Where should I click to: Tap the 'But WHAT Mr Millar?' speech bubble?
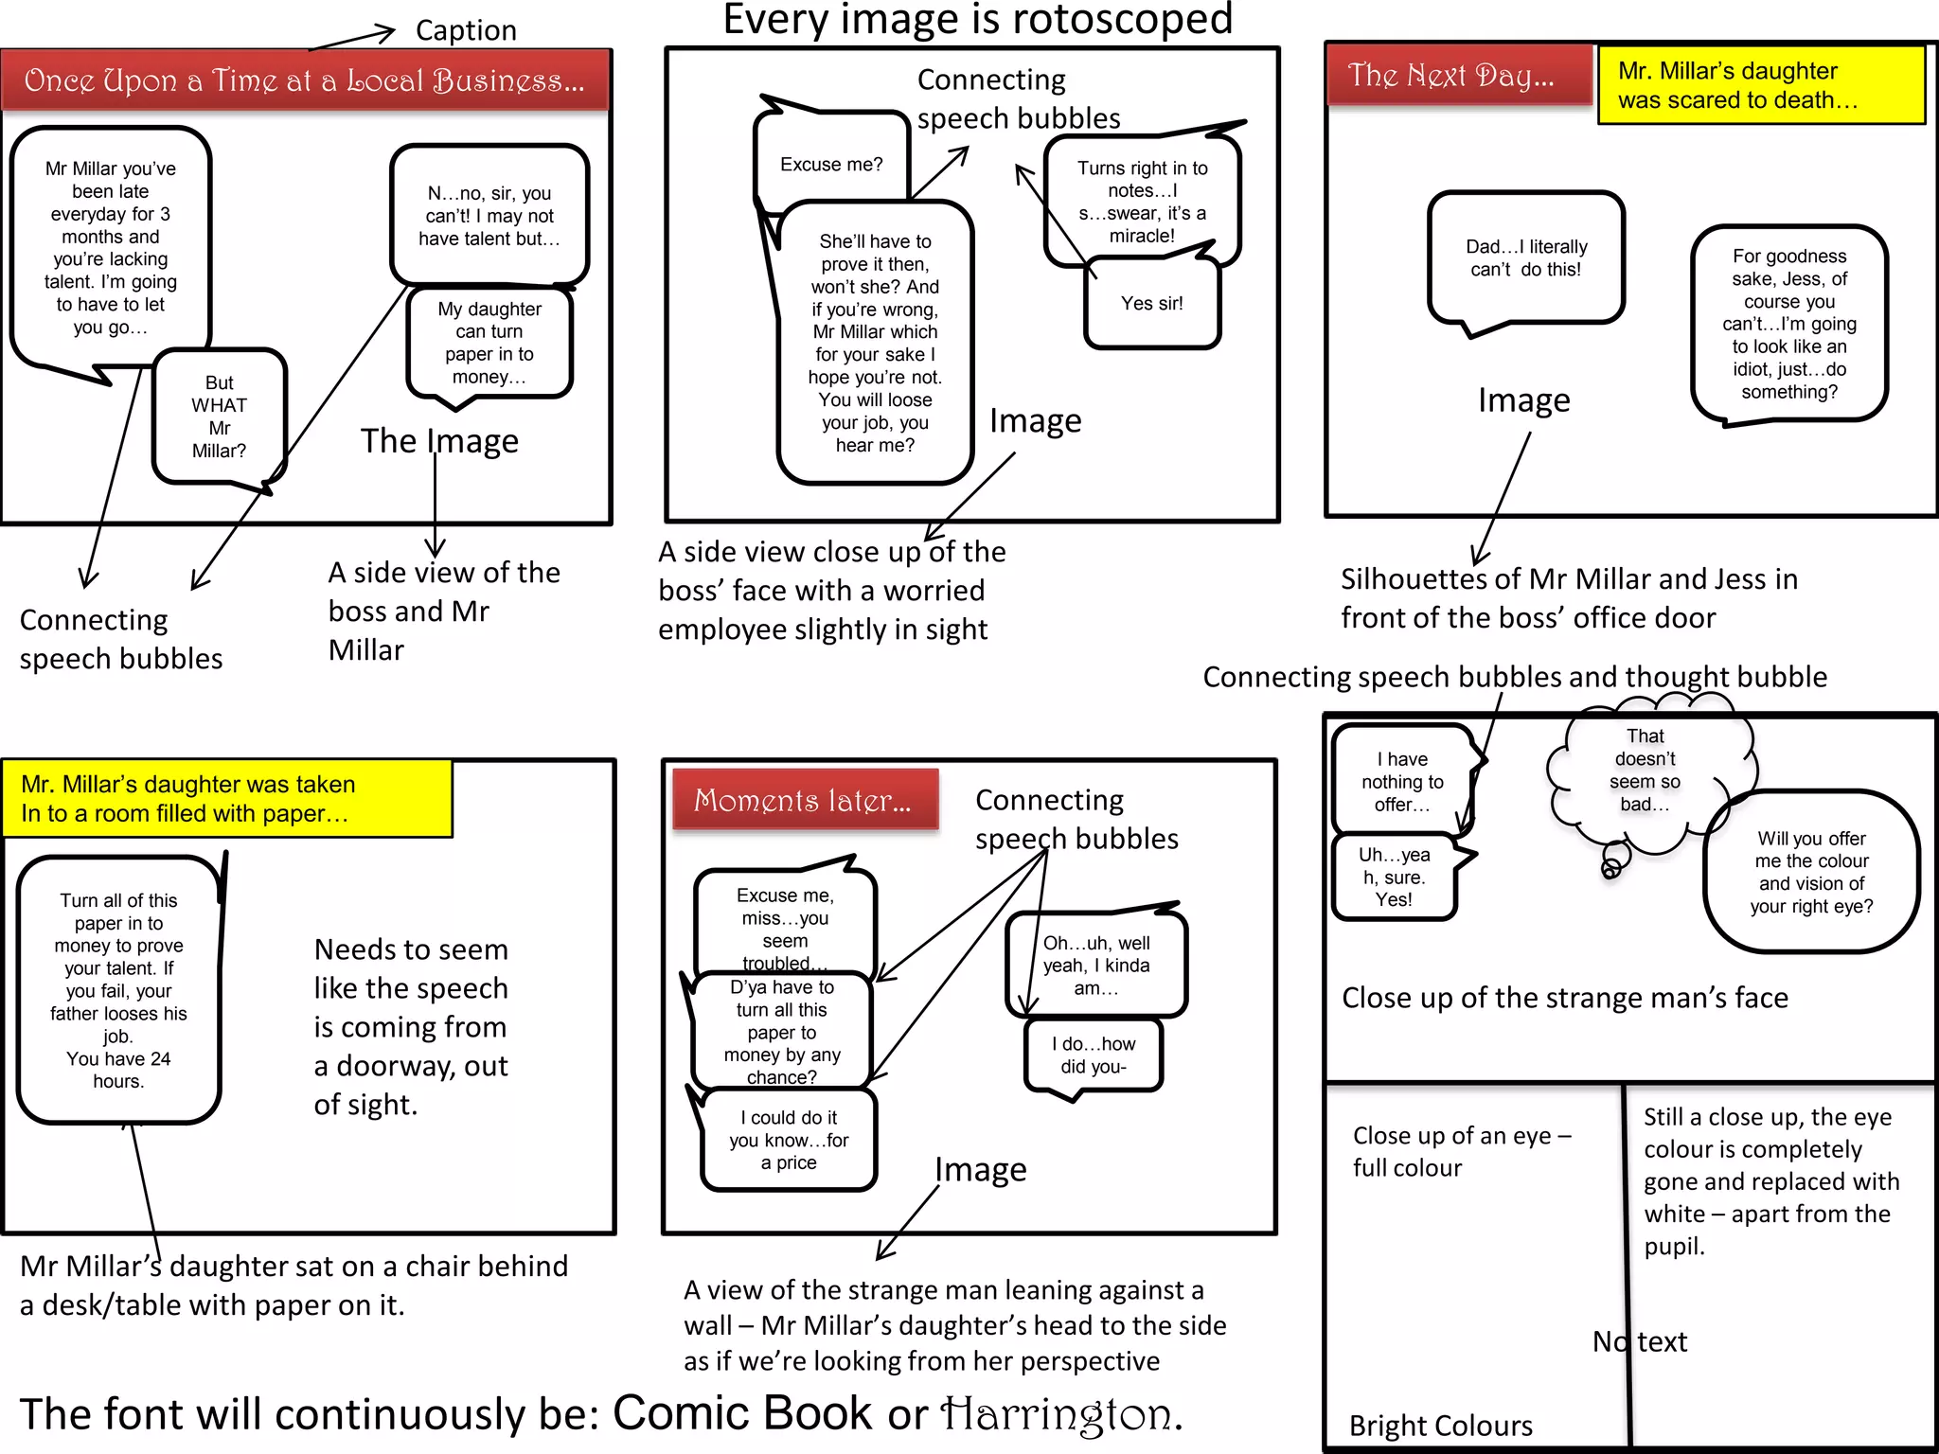(x=219, y=417)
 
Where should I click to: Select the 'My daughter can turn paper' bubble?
(x=489, y=343)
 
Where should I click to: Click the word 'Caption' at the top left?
(x=466, y=30)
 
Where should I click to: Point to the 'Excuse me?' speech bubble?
(x=831, y=164)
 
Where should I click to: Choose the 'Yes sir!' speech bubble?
(x=1151, y=304)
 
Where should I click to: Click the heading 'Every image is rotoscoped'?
(x=977, y=20)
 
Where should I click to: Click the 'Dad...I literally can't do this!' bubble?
(x=1525, y=257)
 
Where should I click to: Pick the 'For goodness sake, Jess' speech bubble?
(x=1788, y=324)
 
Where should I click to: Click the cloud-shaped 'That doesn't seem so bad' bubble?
(x=1645, y=771)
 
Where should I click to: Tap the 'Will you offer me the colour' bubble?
(x=1810, y=872)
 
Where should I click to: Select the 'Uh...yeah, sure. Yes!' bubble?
(x=1394, y=877)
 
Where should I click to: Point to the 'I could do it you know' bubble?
(x=789, y=1140)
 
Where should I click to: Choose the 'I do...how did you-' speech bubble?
(x=1093, y=1055)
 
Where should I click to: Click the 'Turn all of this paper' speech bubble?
(x=118, y=989)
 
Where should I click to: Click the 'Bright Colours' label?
(x=1440, y=1425)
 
